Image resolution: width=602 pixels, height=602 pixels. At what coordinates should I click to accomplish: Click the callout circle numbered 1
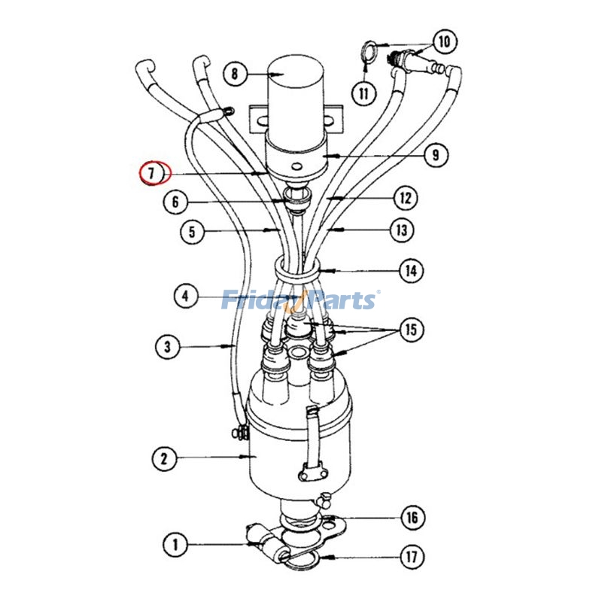point(175,544)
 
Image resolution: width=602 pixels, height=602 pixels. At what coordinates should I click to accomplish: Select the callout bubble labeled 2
point(163,457)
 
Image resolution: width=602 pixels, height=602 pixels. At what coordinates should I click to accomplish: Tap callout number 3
point(168,347)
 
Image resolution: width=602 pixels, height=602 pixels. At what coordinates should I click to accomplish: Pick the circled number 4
point(186,296)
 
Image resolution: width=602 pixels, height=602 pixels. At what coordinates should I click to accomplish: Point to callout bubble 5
point(192,231)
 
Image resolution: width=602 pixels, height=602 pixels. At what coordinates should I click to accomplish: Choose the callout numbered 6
point(175,202)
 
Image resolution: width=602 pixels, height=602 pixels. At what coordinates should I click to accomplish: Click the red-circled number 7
point(154,174)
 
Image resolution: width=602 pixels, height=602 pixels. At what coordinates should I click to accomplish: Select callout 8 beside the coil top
point(235,74)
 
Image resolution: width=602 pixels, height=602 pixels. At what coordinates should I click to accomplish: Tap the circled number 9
point(436,156)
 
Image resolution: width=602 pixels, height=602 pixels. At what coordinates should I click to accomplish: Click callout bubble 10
point(444,41)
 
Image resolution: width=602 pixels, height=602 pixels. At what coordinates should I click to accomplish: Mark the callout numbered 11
point(365,93)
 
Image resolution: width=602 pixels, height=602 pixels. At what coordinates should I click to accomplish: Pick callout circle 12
point(406,199)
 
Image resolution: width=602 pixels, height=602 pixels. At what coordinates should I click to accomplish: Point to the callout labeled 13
point(402,230)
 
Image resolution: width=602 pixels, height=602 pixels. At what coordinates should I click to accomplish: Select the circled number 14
point(410,270)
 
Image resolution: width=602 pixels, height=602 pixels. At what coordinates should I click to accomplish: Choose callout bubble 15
point(412,330)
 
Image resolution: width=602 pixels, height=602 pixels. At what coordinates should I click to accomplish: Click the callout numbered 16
point(412,518)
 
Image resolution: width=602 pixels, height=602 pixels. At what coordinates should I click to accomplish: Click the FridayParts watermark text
point(300,300)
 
